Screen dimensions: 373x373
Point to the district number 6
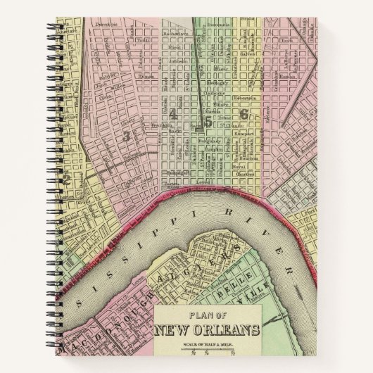[244, 113]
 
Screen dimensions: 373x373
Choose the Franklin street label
[163, 125]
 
